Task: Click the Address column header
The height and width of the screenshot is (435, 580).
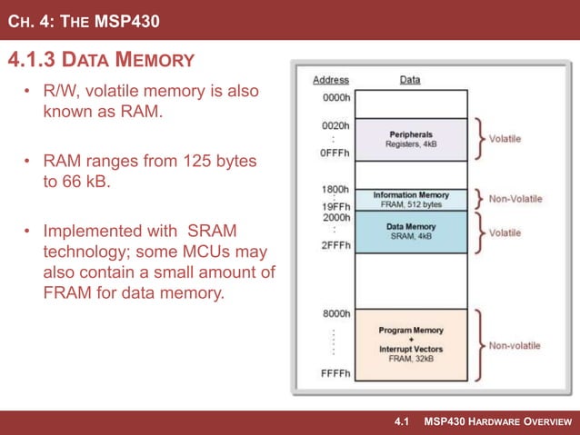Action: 331,80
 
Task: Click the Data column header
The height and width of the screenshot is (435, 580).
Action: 410,80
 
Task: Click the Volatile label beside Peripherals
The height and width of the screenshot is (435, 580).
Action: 505,139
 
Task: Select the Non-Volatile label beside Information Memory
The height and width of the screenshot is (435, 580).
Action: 515,199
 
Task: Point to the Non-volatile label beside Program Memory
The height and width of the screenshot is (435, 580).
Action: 515,345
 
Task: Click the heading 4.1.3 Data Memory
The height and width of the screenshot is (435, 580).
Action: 101,61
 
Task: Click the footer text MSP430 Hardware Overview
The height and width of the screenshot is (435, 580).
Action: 498,422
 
